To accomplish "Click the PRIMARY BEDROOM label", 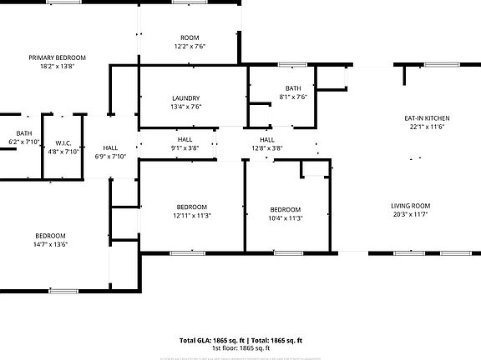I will (57, 57).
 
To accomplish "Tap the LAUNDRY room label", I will (185, 98).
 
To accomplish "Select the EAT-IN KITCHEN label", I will (426, 118).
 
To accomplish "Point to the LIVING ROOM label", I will (410, 206).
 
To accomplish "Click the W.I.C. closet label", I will (63, 143).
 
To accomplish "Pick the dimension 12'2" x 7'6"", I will (190, 47).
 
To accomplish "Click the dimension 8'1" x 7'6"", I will (292, 97).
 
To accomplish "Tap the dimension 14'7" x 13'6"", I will (50, 244).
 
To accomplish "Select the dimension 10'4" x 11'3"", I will (285, 218).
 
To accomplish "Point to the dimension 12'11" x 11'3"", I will (191, 216).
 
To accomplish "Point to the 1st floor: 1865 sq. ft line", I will (240, 347).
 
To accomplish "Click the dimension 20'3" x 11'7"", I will (410, 214).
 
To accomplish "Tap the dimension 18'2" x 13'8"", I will (57, 66).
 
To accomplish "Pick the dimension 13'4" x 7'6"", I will (185, 107).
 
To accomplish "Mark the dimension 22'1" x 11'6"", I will (426, 127).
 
